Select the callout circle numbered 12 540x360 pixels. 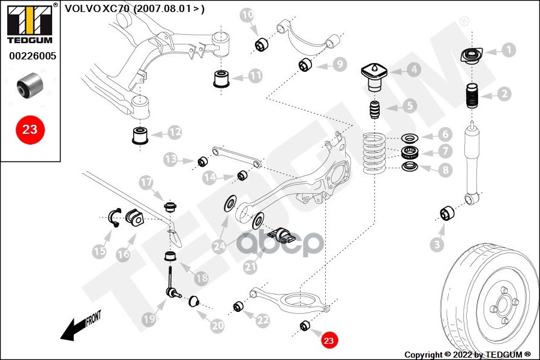(175, 131)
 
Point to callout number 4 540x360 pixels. (413, 70)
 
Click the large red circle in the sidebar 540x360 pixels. (29, 128)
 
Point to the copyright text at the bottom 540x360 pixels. (467, 355)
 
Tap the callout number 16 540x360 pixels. (122, 254)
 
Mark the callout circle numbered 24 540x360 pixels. (220, 245)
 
